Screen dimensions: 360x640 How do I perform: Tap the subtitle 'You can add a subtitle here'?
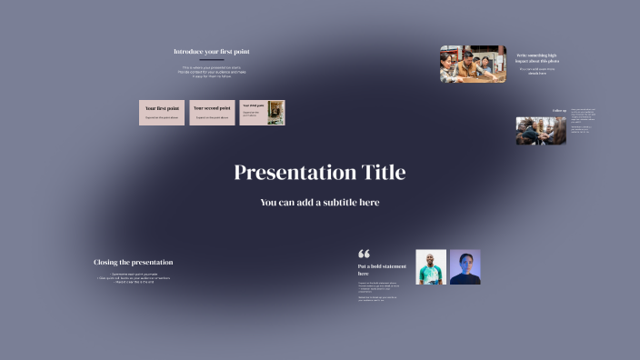[x=319, y=203]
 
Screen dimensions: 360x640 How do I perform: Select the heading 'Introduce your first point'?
[x=211, y=51]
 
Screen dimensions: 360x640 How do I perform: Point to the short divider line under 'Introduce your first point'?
[x=211, y=60]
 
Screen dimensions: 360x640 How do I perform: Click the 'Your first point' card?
[x=162, y=112]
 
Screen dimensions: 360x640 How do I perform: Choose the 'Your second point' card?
[x=212, y=112]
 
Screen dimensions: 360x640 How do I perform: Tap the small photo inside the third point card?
[x=275, y=112]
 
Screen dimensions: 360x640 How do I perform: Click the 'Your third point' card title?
[x=254, y=105]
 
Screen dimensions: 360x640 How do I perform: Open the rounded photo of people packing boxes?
[x=473, y=65]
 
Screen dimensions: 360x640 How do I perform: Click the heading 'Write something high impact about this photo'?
[x=538, y=57]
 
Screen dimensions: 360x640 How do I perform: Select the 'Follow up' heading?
[x=559, y=111]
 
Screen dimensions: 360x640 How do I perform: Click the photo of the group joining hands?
[x=541, y=130]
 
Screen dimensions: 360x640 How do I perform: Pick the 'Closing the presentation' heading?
[x=133, y=262]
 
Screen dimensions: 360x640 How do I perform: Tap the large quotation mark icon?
[x=365, y=255]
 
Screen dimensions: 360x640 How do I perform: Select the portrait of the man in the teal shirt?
[x=431, y=267]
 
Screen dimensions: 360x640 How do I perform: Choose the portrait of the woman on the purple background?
[x=465, y=267]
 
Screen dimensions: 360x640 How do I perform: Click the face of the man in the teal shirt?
[x=431, y=261]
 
